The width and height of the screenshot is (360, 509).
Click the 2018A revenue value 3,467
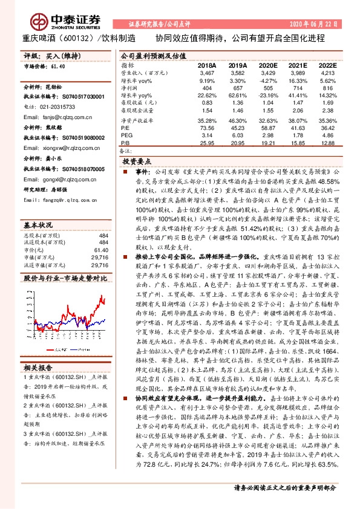point(207,73)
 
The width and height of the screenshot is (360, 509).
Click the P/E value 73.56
point(207,128)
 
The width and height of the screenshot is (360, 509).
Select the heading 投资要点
point(136,162)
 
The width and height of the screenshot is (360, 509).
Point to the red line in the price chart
point(100,284)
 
